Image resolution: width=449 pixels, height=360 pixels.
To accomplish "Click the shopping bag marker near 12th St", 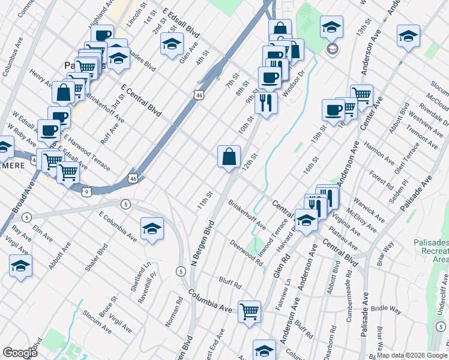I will click(x=229, y=157).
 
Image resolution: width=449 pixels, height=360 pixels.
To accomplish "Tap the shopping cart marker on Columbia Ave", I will click(x=249, y=312).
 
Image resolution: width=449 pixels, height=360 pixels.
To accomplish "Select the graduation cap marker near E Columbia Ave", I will click(x=152, y=229).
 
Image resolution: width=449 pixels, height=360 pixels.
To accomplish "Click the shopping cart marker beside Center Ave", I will click(x=361, y=95).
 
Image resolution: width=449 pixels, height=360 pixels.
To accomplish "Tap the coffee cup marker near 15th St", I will click(x=333, y=109).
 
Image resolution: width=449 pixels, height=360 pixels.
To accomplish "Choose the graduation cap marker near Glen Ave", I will click(x=172, y=44).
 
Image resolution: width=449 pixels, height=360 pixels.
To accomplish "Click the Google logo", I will click(x=20, y=353).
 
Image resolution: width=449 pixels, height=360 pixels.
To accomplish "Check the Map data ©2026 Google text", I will click(x=412, y=355).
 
